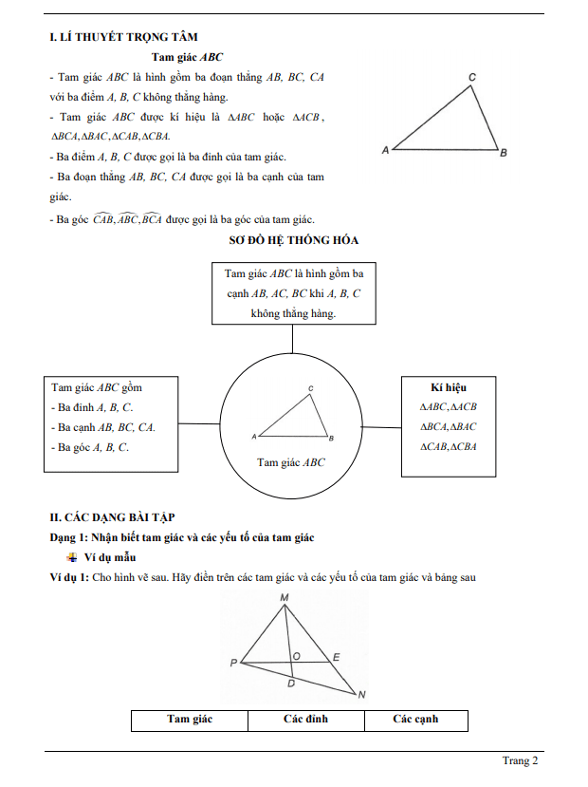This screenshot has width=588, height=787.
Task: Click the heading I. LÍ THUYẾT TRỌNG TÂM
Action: [123, 38]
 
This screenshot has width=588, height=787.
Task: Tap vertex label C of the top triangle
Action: [472, 77]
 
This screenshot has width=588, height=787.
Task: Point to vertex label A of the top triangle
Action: [385, 150]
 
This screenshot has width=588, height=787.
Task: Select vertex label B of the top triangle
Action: [503, 152]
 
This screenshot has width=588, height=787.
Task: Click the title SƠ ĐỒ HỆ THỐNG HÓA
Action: [294, 241]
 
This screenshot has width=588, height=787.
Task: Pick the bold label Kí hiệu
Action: [449, 387]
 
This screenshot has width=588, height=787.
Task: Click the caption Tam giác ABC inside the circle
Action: [290, 462]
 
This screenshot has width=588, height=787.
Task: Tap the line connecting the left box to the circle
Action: [199, 423]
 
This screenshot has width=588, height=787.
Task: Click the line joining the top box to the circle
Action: [293, 337]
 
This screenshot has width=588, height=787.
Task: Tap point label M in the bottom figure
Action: [285, 597]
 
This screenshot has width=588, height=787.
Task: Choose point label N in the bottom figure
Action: [361, 695]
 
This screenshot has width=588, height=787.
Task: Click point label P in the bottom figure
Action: [233, 663]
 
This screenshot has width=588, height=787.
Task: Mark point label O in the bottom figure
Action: [297, 656]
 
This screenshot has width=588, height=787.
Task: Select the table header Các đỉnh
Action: [305, 720]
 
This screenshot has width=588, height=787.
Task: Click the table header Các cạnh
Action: [415, 720]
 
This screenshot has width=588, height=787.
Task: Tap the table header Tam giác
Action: [190, 720]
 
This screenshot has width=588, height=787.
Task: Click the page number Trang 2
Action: [520, 760]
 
